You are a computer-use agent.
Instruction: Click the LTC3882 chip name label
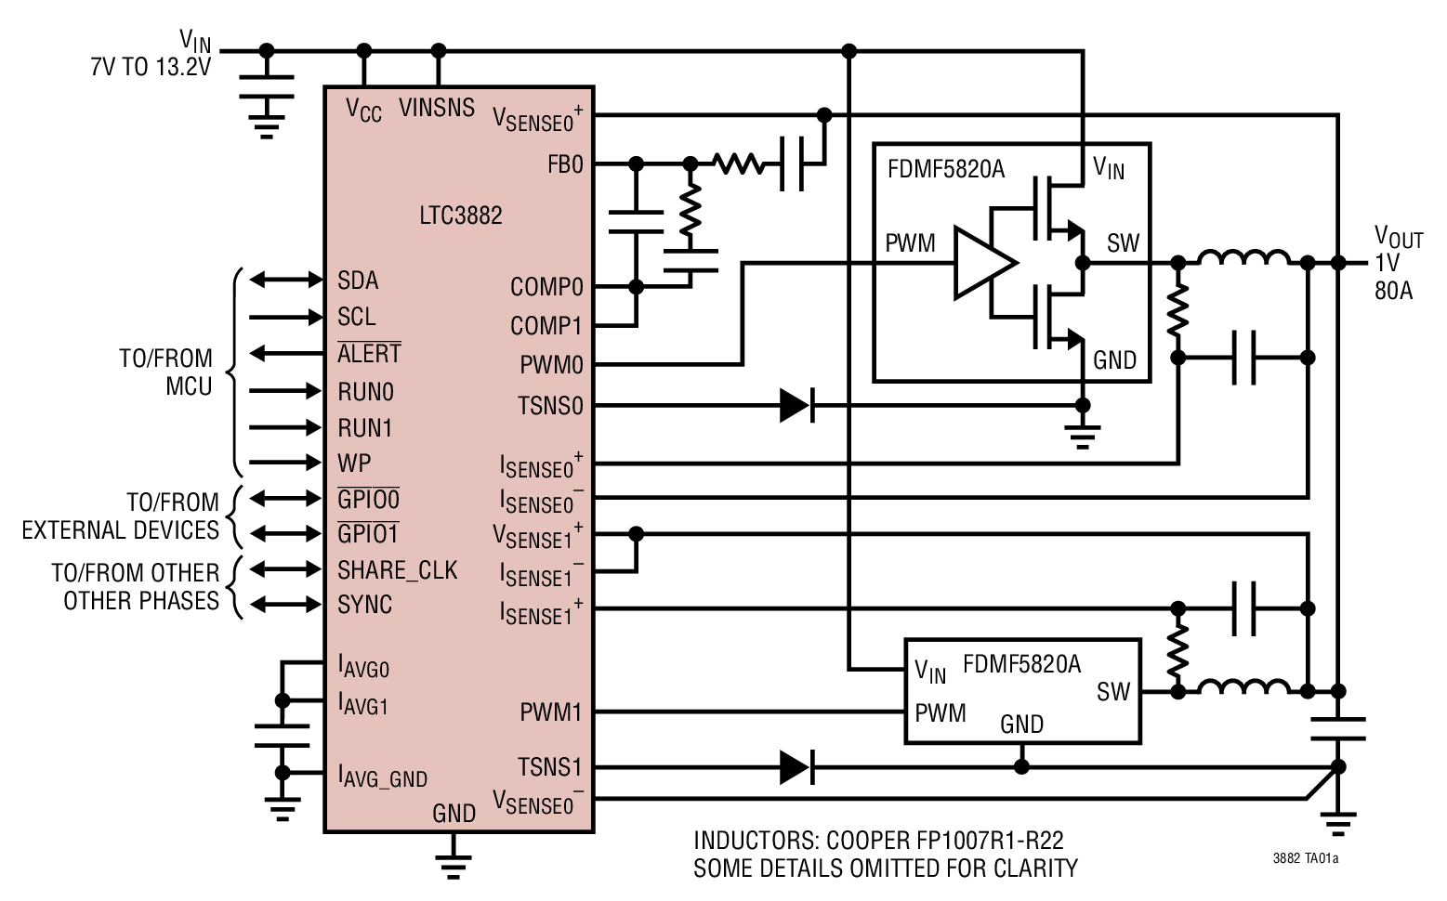click(460, 215)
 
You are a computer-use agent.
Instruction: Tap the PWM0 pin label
click(551, 365)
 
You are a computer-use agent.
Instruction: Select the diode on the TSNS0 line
click(796, 405)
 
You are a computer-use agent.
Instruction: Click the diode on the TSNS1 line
click(796, 767)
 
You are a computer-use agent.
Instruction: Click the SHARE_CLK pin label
click(397, 570)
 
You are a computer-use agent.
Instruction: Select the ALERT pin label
click(369, 354)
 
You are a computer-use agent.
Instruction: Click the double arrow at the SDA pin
click(286, 280)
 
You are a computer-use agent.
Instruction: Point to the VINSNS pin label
click(437, 108)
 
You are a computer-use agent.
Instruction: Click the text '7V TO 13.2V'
click(151, 68)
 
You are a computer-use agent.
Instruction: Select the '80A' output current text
click(1393, 291)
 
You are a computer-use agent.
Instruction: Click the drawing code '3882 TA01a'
click(1306, 859)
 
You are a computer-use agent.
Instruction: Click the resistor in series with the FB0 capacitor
click(739, 164)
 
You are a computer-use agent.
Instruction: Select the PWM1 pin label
click(551, 712)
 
